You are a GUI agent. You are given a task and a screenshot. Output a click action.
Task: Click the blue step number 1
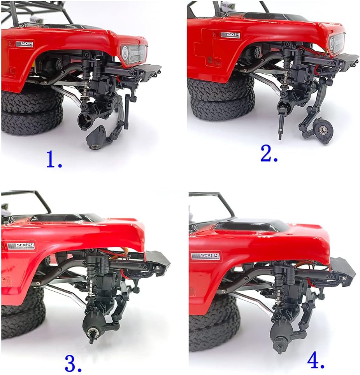pyautogui.click(x=54, y=159)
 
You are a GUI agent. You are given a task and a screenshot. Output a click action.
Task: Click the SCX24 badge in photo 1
pyautogui.click(x=25, y=44)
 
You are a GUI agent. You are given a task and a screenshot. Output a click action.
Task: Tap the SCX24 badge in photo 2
pyautogui.click(x=230, y=34)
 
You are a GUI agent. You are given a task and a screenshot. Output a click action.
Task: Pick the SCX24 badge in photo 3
pyautogui.click(x=21, y=246)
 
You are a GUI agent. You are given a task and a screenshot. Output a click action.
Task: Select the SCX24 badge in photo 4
pyautogui.click(x=205, y=256)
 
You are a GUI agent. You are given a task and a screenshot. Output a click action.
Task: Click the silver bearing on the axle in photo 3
pyautogui.click(x=91, y=332)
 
